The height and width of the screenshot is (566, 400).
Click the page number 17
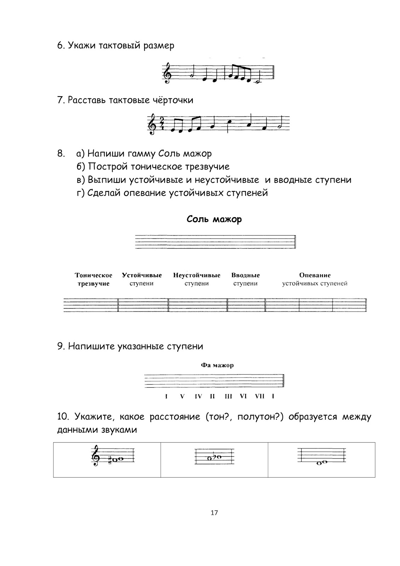(214, 513)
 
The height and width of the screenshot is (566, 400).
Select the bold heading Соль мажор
(214, 219)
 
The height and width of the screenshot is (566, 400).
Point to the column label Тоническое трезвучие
(93, 279)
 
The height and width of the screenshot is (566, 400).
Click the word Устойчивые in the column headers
(142, 275)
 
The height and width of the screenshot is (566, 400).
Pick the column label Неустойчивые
(196, 275)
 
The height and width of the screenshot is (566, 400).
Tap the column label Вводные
(245, 275)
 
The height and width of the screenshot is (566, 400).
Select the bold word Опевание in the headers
(315, 275)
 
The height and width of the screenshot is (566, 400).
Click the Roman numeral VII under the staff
(259, 396)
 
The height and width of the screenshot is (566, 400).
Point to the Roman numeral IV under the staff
(198, 396)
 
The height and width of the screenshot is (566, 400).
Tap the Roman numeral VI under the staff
(243, 396)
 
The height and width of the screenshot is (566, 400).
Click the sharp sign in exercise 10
(110, 460)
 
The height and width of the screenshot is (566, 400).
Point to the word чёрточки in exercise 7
(173, 100)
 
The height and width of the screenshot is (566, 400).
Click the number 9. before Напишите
(61, 346)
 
